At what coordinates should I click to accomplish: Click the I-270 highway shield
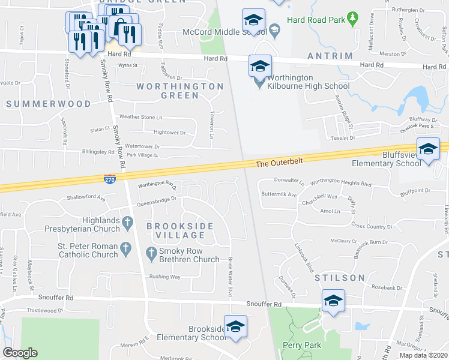click(x=106, y=178)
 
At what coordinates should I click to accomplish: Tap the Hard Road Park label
click(x=316, y=20)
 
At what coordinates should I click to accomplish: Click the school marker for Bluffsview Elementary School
click(x=428, y=149)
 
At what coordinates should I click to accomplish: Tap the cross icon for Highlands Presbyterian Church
click(x=127, y=223)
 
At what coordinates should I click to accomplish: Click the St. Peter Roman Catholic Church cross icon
click(x=125, y=247)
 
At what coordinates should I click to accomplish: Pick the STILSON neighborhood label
click(x=340, y=278)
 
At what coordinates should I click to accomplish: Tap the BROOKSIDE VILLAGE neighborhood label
click(x=176, y=230)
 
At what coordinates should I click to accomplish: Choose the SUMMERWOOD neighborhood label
click(x=49, y=104)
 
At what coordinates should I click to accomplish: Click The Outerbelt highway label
click(x=279, y=163)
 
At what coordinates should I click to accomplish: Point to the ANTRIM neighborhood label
click(x=330, y=56)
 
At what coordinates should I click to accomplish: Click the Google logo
click(x=20, y=353)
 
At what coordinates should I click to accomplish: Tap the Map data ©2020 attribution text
click(x=423, y=355)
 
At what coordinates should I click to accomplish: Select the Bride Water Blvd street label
click(x=229, y=275)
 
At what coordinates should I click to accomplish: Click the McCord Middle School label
click(x=223, y=31)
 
